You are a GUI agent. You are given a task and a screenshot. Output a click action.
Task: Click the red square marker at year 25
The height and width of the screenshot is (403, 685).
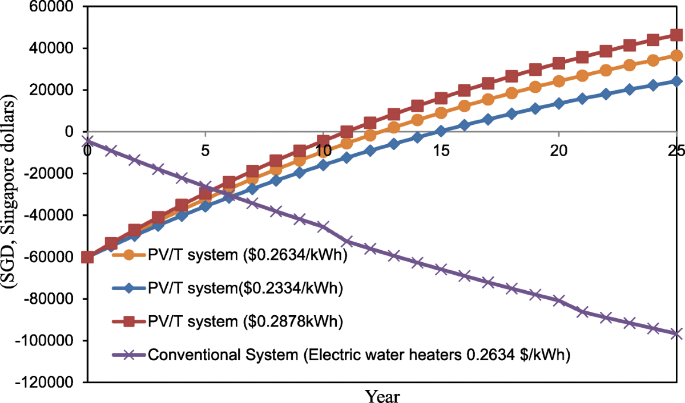click(676, 35)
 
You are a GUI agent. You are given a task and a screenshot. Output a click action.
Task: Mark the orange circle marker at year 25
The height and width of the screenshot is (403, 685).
click(676, 55)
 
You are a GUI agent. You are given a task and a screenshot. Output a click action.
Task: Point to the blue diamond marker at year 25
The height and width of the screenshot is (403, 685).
click(676, 81)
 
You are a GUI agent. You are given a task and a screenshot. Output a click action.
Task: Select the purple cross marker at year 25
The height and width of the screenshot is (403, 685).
click(676, 334)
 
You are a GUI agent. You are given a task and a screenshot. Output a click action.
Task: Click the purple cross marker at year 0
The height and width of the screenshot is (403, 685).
click(87, 140)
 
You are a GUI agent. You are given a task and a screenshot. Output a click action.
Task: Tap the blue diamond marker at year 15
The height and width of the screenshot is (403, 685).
click(441, 131)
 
